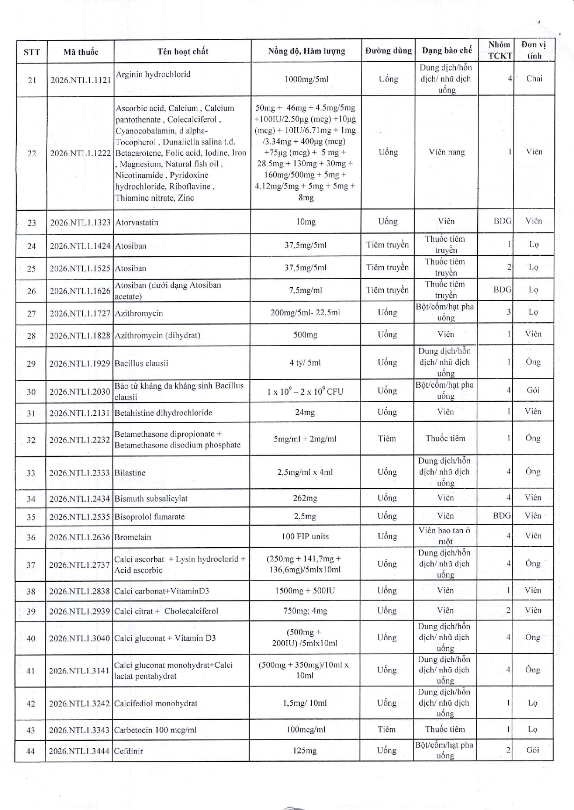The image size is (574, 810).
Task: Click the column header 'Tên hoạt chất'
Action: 183,51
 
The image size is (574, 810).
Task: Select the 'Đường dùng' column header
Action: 388,51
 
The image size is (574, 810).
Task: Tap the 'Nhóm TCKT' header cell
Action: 499,51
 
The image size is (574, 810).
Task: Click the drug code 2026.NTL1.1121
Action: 81,80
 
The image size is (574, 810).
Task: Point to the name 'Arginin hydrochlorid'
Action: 153,74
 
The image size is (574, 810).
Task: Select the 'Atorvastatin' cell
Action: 137,222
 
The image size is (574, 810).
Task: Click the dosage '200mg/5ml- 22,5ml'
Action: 306,312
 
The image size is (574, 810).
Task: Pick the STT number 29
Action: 31,363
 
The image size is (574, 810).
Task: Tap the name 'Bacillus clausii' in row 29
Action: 142,363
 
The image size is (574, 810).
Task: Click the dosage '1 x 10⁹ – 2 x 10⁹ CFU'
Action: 305,391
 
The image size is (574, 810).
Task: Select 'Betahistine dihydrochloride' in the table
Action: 164,412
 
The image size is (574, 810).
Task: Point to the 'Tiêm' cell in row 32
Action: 387,438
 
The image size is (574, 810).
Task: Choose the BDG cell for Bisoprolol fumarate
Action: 502,516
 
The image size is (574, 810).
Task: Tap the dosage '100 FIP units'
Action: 305,536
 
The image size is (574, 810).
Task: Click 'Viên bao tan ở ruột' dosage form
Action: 445,536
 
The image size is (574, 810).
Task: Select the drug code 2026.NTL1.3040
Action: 79,638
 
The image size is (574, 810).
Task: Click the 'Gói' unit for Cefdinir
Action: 532,750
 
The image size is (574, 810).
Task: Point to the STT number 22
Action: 32,153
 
